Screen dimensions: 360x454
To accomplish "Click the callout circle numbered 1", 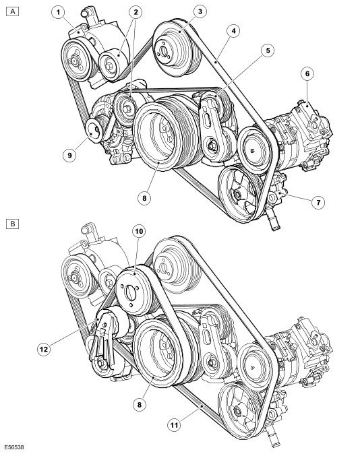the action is [x=58, y=12].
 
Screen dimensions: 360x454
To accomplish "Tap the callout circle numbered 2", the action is [x=136, y=12].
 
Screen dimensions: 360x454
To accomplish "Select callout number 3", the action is [x=200, y=11].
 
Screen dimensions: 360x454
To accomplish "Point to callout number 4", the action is [x=233, y=31].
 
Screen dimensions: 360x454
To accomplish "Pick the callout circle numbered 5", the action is [x=268, y=51].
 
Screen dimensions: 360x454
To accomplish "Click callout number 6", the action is [x=307, y=73].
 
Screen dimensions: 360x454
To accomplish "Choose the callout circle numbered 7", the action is [x=318, y=202].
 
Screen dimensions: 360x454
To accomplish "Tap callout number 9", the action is [x=69, y=155].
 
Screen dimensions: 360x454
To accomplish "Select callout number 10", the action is [x=139, y=231].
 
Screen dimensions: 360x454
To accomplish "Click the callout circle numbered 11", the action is [x=174, y=425].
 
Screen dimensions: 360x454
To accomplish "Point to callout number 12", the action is [x=44, y=350].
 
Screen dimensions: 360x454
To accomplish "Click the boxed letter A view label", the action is [x=12, y=11].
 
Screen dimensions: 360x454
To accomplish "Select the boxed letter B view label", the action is [x=12, y=224].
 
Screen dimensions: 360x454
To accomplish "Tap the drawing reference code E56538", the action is [x=14, y=447].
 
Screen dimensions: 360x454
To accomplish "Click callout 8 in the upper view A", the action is [x=144, y=198].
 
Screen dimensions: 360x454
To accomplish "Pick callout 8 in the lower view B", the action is [x=140, y=404].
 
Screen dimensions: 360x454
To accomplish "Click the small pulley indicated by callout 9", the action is [x=94, y=130].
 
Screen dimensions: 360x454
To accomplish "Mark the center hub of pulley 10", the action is [x=130, y=294].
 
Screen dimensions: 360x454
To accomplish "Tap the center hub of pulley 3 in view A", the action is [x=163, y=51].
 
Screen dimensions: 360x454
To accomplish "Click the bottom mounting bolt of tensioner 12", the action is [x=101, y=364].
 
